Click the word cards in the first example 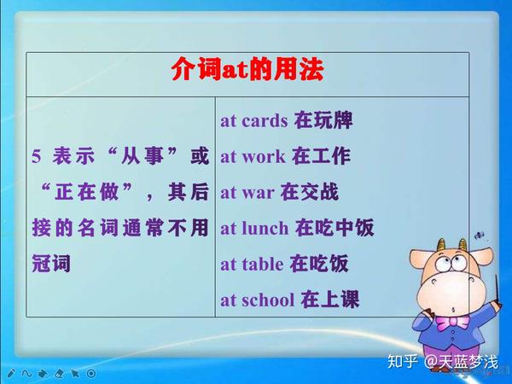tap(265, 120)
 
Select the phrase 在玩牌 tap(323, 120)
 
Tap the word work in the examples tap(263, 156)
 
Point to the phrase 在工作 tap(321, 156)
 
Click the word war tap(258, 192)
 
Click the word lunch tap(266, 228)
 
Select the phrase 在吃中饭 tap(335, 228)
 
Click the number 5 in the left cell tap(36, 156)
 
